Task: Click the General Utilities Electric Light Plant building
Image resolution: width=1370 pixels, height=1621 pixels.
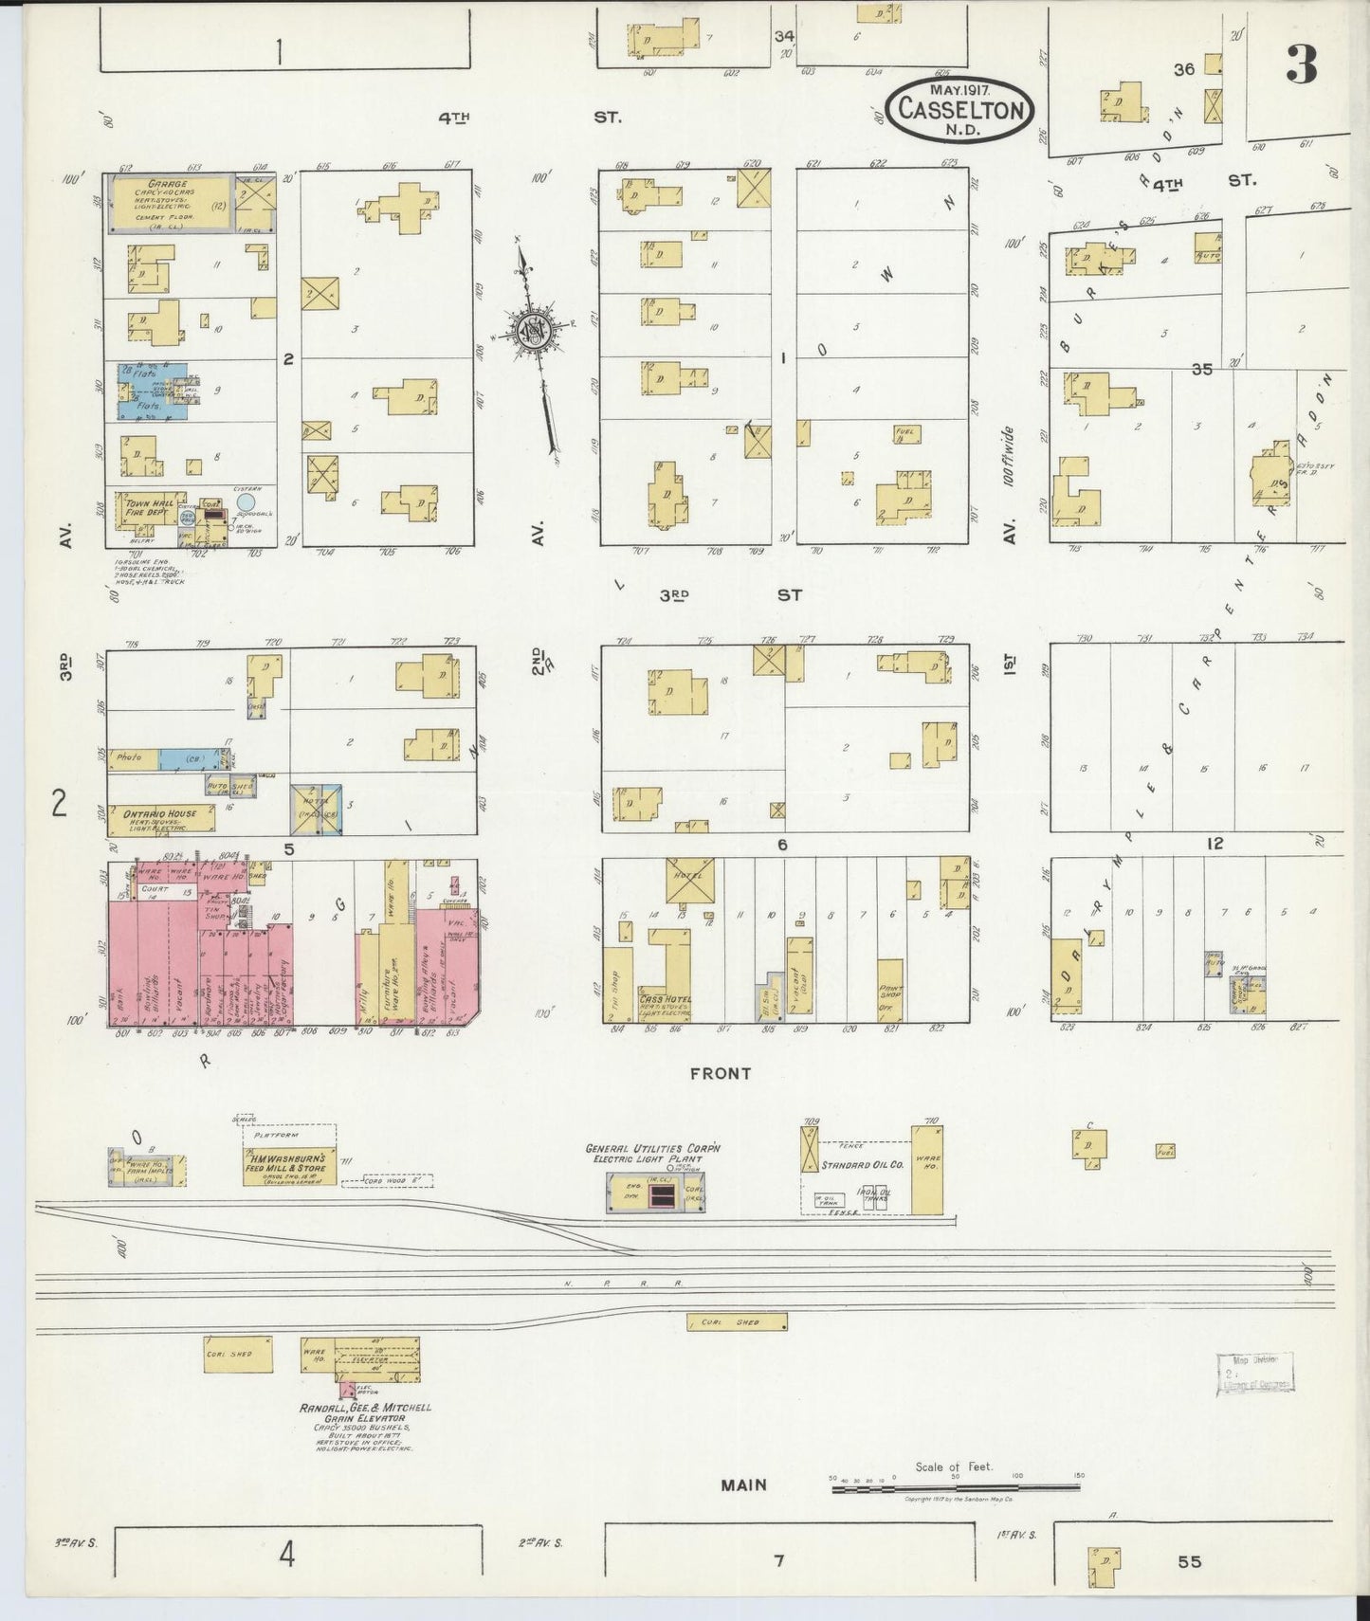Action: point(654,1193)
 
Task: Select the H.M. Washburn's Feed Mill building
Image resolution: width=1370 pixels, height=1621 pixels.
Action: point(286,1163)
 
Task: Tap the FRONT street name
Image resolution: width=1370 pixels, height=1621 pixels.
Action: point(721,1074)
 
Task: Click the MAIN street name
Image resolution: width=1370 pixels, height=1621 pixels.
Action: point(742,1484)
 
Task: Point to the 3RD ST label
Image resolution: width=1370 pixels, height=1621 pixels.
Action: point(730,595)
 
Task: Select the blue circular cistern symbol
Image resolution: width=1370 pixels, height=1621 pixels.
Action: point(247,501)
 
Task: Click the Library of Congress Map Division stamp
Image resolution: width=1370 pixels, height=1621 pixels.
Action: point(1254,1371)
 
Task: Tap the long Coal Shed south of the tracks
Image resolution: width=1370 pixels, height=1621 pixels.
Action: point(737,1321)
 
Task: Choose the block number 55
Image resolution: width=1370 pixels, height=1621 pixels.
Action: point(1189,1561)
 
